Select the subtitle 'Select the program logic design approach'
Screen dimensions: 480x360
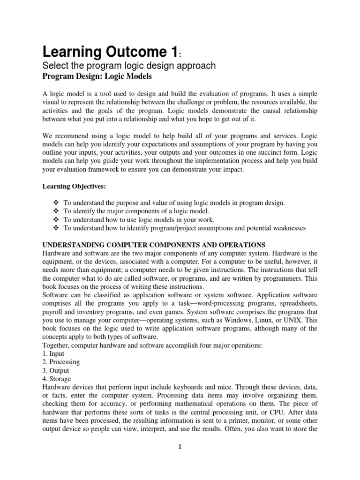(129, 66)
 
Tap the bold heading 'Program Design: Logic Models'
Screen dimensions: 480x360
(97, 76)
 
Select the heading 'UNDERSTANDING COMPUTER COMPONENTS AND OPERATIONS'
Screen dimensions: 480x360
(154, 245)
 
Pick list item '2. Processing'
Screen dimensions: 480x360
(61, 362)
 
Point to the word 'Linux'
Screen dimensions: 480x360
(268, 320)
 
